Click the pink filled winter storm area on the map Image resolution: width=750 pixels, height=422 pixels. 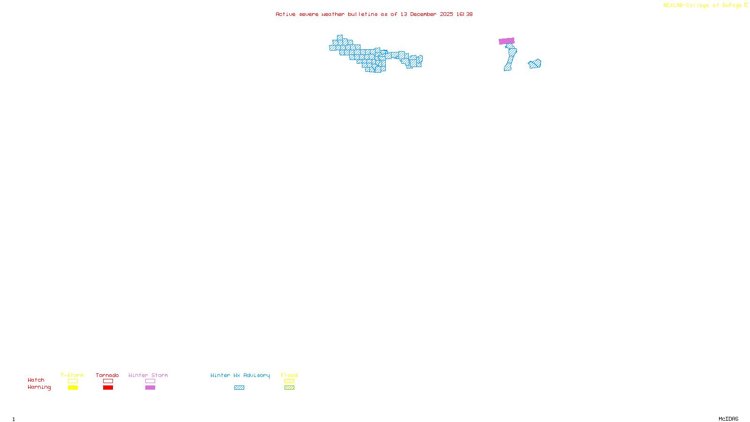507,41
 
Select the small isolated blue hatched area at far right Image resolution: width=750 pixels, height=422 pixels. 535,64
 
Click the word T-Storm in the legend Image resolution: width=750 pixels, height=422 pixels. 72,375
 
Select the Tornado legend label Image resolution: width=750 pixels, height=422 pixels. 107,375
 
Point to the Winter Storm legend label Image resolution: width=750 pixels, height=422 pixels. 148,375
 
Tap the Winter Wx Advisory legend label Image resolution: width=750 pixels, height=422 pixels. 240,375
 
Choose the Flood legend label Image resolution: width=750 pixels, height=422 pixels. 289,375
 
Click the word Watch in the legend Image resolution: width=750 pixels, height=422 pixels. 36,380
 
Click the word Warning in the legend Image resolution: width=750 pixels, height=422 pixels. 39,387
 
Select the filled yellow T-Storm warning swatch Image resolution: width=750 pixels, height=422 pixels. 73,388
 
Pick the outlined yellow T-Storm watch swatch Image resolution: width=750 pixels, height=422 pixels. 73,381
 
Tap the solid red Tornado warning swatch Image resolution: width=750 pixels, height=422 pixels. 108,388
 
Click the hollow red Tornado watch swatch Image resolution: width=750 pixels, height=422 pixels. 108,381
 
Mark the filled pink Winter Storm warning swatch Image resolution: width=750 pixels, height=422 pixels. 150,388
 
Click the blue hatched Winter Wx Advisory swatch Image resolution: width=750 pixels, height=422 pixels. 239,388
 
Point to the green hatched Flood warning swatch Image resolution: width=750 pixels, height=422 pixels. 289,388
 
